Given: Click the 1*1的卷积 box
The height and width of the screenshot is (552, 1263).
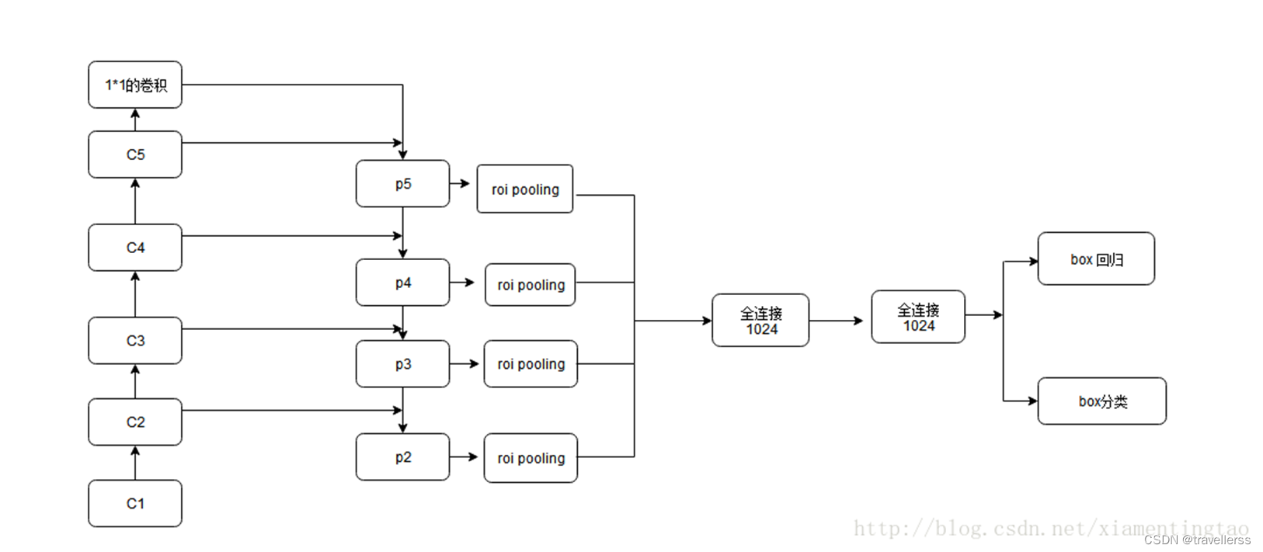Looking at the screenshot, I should click(135, 85).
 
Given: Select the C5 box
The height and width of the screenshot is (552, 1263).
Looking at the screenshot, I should click(135, 154).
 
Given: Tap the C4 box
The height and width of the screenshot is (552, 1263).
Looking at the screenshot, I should click(135, 248).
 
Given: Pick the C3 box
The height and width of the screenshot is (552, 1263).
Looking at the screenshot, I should click(135, 341).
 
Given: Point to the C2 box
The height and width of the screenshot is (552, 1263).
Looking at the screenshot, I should click(135, 422).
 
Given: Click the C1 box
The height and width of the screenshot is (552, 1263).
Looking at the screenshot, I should click(135, 503).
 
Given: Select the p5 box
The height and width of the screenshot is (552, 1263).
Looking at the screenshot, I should click(402, 184).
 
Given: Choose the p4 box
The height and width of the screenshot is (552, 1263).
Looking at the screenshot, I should click(402, 283).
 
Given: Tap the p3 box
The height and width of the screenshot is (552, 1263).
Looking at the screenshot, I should click(402, 364).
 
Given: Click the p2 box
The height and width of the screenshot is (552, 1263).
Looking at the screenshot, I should click(402, 457).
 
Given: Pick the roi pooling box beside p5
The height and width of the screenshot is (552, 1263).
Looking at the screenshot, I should click(525, 189).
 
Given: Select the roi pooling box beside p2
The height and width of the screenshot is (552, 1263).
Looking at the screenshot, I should click(531, 458).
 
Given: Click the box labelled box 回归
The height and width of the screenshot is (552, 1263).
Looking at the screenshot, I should click(1096, 259).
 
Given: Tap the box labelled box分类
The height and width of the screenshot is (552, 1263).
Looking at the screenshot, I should click(1101, 401).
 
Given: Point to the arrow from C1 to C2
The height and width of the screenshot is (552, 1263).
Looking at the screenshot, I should click(135, 463).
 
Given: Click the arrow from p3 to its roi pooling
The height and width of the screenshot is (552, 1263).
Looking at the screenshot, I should click(464, 363).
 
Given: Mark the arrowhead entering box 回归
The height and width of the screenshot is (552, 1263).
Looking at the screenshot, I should click(1033, 261).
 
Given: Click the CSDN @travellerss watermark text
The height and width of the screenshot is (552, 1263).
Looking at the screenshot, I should click(1197, 540).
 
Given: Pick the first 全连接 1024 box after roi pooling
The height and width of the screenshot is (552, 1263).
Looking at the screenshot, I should click(760, 321).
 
